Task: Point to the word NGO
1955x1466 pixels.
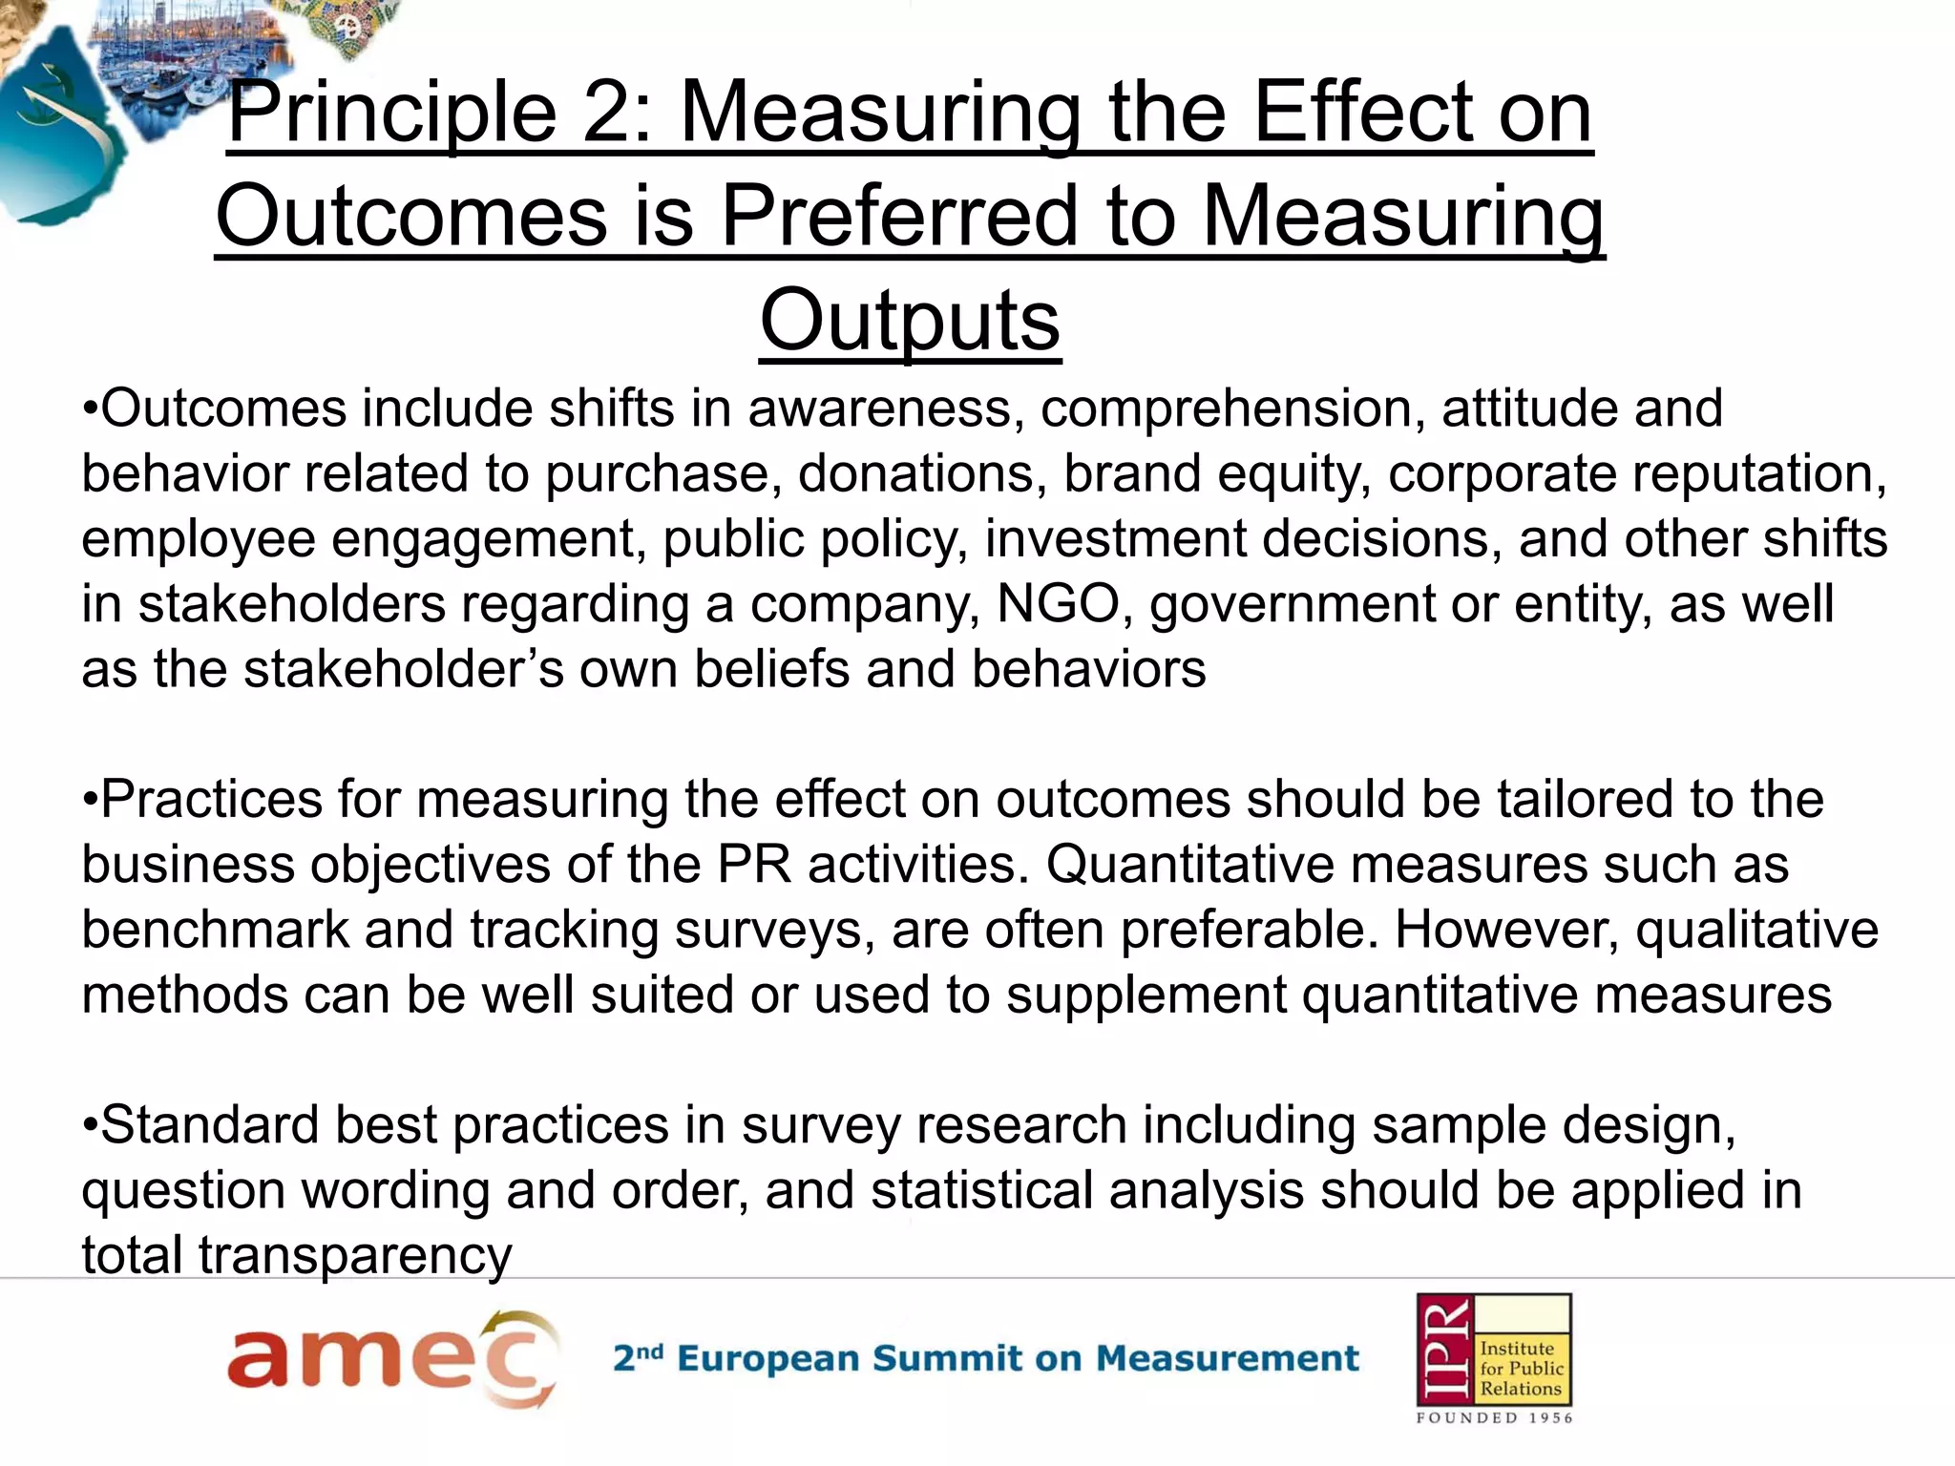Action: point(1058,604)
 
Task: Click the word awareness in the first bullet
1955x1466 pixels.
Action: point(879,408)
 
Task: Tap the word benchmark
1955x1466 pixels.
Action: point(215,930)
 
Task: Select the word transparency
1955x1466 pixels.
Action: point(355,1255)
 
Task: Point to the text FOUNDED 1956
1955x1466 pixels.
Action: point(1494,1418)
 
